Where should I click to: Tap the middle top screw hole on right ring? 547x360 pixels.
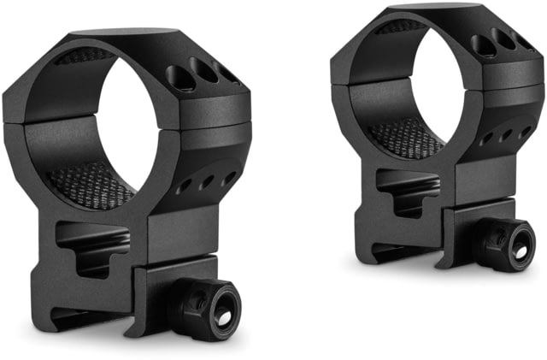click(503, 38)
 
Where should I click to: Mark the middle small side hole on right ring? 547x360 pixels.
click(505, 134)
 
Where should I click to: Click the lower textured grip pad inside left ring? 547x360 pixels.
click(90, 183)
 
